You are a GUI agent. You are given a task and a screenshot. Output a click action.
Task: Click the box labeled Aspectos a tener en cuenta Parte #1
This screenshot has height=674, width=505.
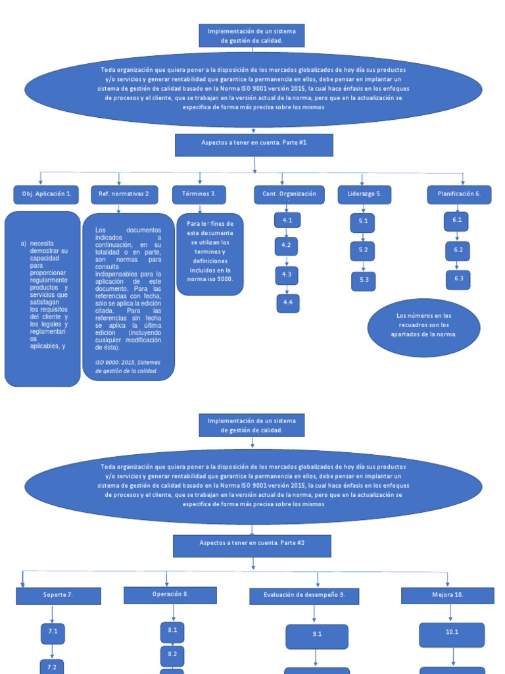(254, 145)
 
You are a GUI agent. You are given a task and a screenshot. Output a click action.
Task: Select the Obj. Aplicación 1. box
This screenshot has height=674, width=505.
(47, 194)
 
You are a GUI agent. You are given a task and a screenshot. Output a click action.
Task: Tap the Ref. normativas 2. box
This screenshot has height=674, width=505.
(124, 194)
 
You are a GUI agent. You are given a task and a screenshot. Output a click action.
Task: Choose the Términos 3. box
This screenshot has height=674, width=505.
(199, 194)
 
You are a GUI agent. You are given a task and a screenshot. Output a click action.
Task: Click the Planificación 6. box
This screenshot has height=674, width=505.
(459, 194)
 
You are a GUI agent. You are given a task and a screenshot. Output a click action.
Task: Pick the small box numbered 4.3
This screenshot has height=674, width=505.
(287, 274)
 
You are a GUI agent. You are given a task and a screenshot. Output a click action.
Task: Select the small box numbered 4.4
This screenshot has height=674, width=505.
(287, 303)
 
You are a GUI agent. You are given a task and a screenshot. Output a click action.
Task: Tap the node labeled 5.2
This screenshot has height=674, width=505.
(363, 251)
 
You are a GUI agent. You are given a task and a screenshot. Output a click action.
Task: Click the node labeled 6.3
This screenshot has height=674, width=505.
(458, 279)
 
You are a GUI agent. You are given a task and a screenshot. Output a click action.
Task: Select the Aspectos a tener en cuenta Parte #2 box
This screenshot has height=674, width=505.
(252, 546)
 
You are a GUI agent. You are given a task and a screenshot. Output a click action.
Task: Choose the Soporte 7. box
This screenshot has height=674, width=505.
(59, 596)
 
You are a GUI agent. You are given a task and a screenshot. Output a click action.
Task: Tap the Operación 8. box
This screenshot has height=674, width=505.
(170, 595)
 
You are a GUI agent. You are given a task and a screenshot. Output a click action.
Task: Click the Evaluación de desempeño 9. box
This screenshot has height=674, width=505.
(304, 596)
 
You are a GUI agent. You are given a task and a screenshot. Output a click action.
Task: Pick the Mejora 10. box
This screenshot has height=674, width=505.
(448, 596)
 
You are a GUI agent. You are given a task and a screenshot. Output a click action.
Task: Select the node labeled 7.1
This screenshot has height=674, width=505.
(53, 633)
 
